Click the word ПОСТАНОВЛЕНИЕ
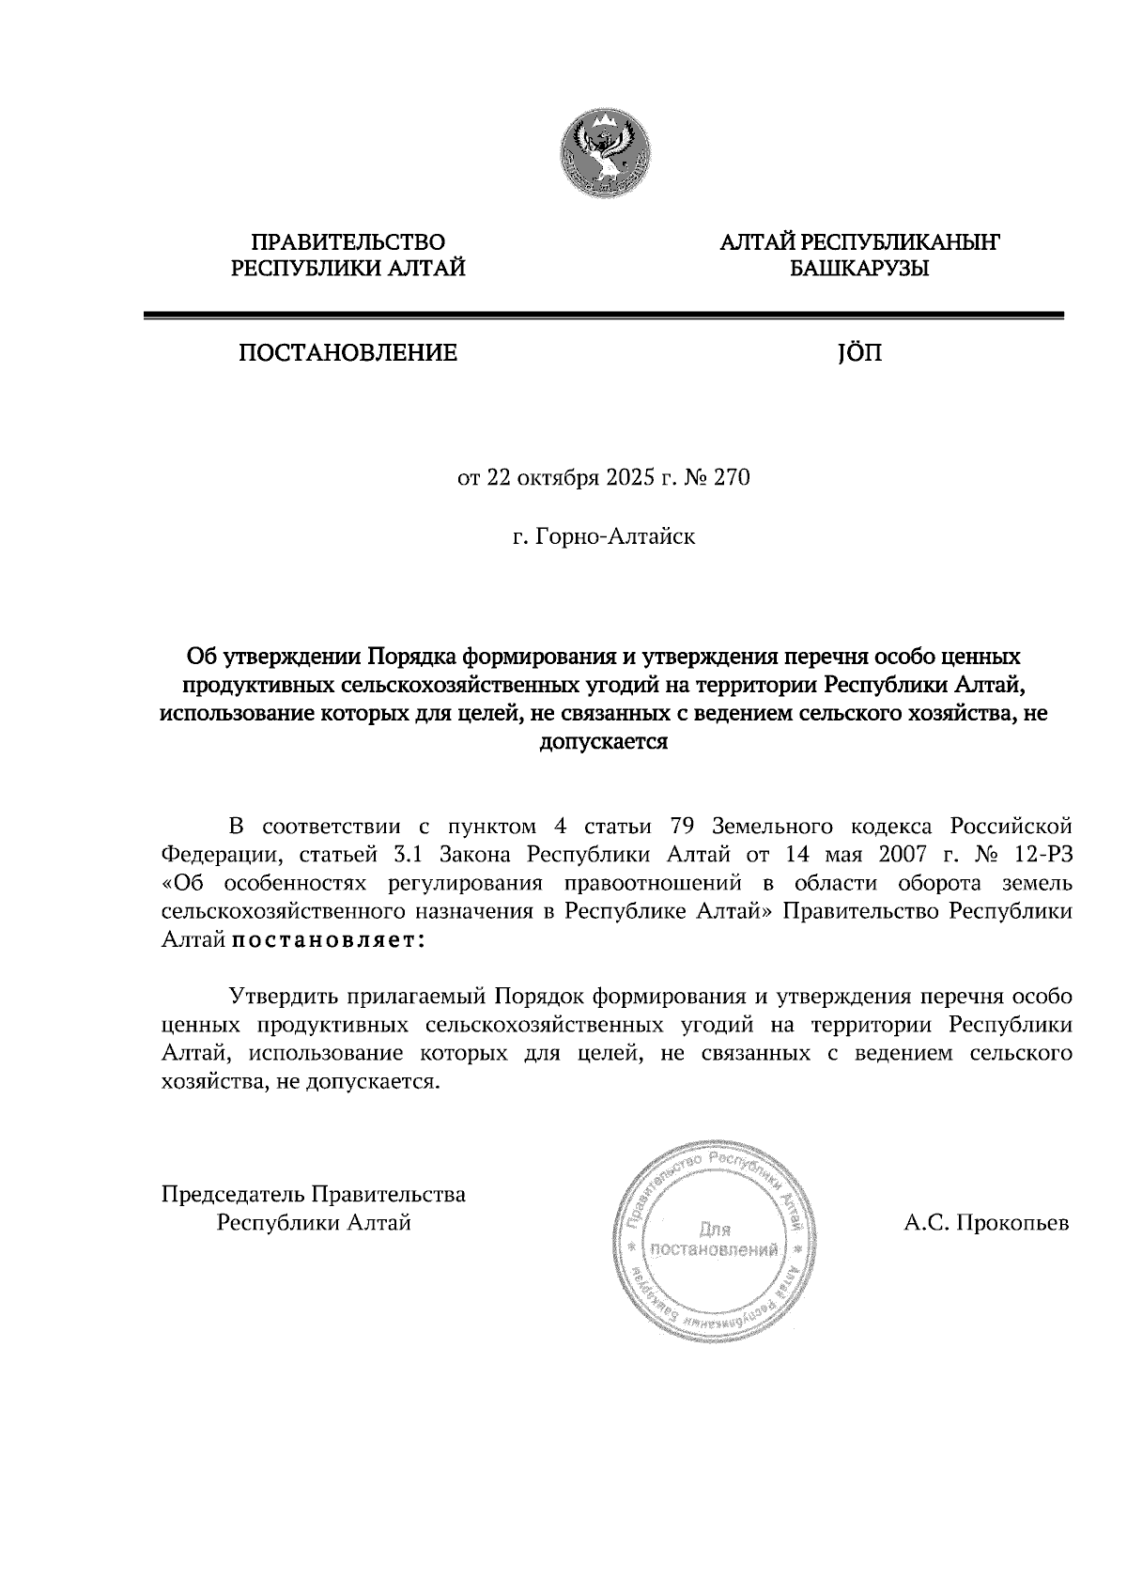pyautogui.click(x=347, y=354)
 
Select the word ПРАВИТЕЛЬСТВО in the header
pyautogui.click(x=348, y=243)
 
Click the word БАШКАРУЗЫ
pyautogui.click(x=859, y=270)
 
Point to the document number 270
pyautogui.click(x=733, y=478)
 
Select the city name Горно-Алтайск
pyautogui.click(x=614, y=538)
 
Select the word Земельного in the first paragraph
pyautogui.click(x=774, y=827)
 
